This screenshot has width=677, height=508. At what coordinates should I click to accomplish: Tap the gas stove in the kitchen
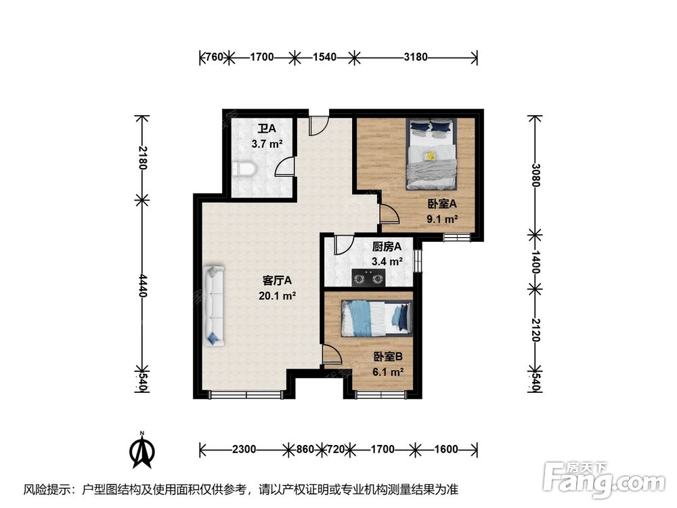tap(369, 278)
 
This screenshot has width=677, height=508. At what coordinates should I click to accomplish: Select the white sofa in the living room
tap(214, 306)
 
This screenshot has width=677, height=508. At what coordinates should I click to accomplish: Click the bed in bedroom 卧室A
tap(431, 154)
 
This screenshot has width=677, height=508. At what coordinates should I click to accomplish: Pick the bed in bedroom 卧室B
tap(376, 318)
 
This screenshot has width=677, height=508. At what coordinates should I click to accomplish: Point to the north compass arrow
tap(142, 450)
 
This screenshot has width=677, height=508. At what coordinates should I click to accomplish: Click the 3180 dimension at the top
tap(416, 57)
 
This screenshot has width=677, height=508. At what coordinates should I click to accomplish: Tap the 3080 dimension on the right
tap(536, 175)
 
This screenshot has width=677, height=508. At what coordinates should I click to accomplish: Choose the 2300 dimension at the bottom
tap(244, 449)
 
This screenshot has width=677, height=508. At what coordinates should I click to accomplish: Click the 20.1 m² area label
tap(277, 296)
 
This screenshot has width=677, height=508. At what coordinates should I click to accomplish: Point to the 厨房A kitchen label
tap(387, 247)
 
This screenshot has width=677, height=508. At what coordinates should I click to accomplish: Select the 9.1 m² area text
tap(442, 219)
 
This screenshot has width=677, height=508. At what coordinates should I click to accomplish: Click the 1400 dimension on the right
tap(536, 261)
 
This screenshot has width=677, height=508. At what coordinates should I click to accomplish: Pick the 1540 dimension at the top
tap(324, 57)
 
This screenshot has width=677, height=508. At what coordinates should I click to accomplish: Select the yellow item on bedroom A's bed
tap(430, 156)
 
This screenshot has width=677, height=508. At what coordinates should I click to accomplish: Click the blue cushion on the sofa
tap(213, 339)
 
